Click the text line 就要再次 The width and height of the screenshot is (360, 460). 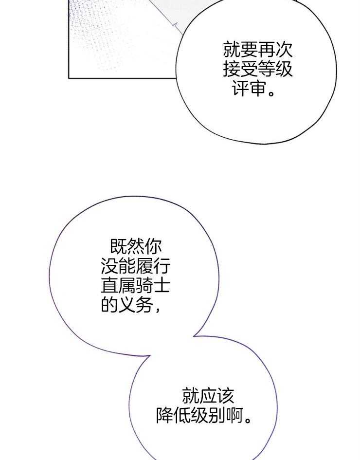258,49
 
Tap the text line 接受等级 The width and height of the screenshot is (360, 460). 258,70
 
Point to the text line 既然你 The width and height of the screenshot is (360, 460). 136,246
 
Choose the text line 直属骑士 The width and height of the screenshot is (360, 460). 136,286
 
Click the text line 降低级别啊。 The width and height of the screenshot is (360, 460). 204,415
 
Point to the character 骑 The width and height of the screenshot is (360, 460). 144,286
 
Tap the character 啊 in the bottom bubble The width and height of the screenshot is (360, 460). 234,415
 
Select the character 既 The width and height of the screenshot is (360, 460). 118,246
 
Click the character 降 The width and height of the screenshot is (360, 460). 164,415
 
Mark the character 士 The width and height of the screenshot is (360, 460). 162,286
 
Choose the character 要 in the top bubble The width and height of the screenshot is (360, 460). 249,49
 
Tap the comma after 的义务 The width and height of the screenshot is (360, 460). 157,310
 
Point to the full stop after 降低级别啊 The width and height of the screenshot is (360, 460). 248,420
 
